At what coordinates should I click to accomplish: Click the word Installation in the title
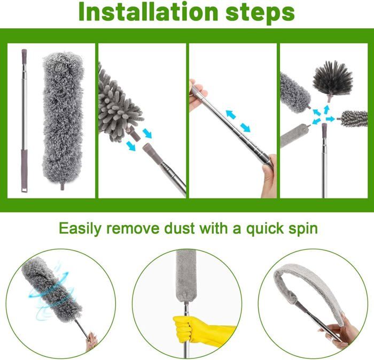pos(148,12)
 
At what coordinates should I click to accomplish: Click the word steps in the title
pos(260,12)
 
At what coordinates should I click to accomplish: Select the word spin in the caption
pos(303,229)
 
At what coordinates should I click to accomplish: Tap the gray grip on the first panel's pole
pos(24,171)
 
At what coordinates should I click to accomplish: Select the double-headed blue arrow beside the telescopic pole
pos(238,121)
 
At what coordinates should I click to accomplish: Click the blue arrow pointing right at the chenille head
pos(330,119)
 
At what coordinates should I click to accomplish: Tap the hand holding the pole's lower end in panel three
pos(269,175)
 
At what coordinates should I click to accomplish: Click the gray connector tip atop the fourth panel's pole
pos(324,131)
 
